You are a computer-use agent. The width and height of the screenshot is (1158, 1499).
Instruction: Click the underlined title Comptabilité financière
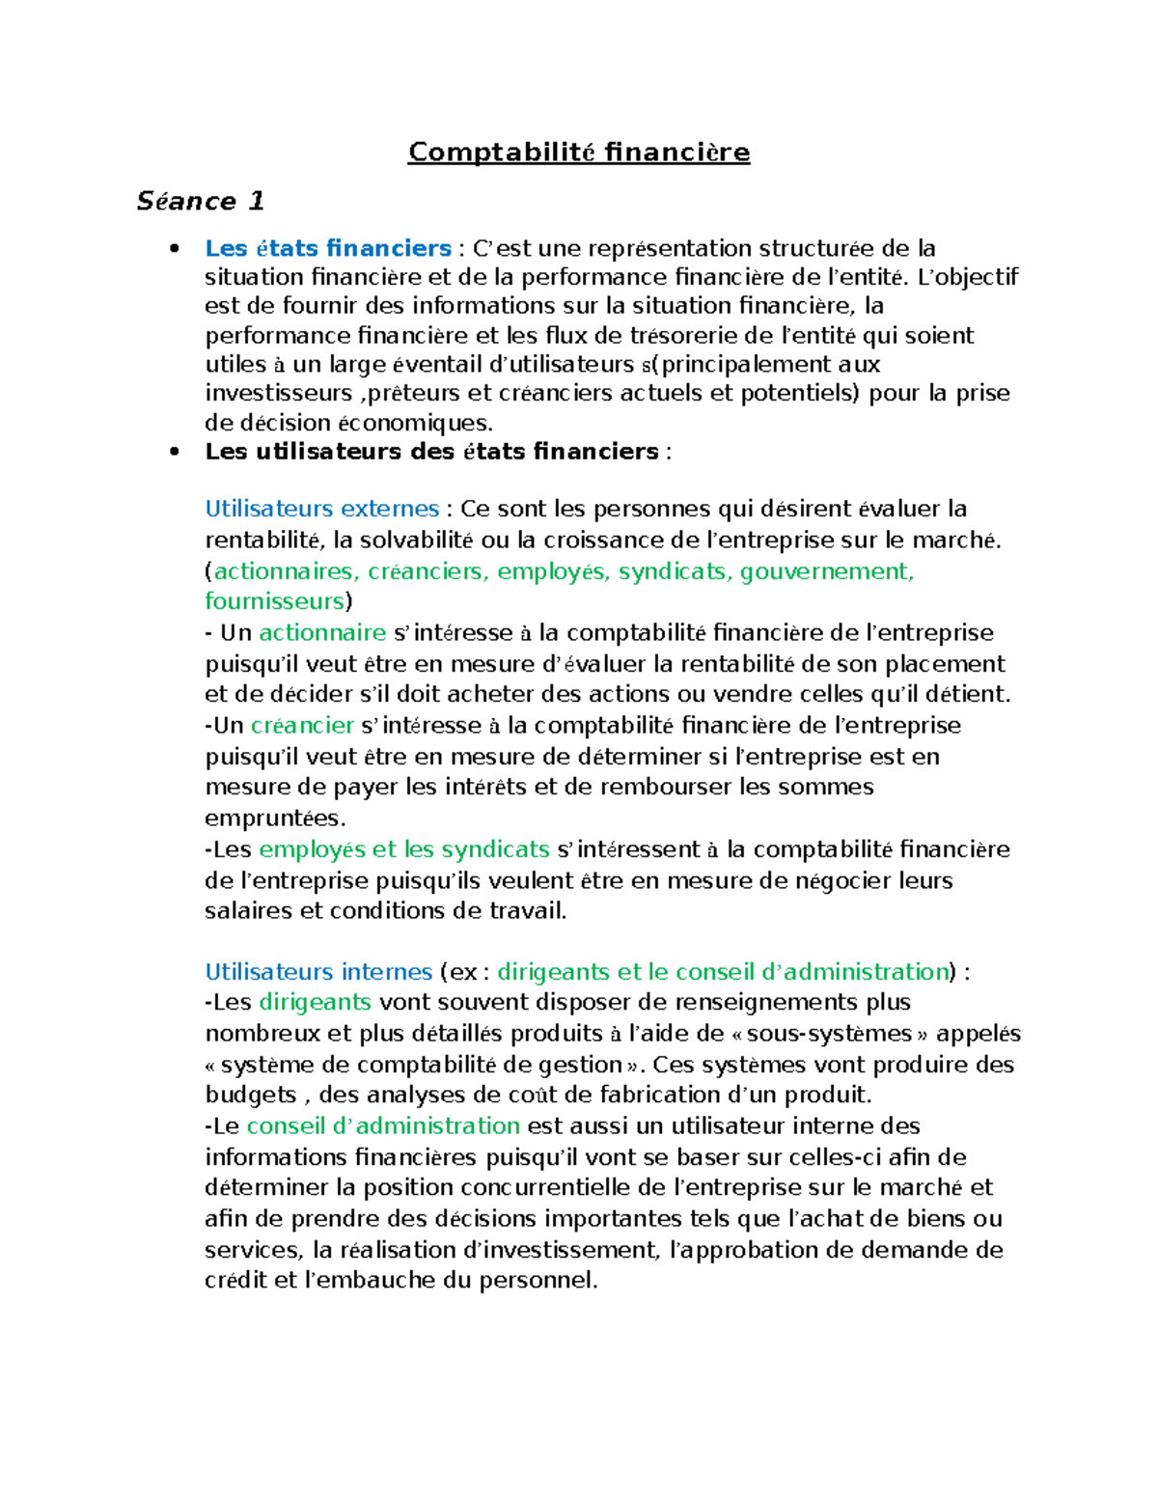point(578,153)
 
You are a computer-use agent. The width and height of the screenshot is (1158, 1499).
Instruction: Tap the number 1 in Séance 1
point(256,201)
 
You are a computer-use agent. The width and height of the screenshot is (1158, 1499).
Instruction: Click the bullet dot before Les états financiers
point(174,249)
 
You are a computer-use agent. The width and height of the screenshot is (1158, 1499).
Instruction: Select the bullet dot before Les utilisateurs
point(174,452)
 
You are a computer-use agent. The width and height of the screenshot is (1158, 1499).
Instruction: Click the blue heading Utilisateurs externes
point(321,509)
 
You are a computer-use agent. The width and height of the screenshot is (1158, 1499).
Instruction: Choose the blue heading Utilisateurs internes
point(318,971)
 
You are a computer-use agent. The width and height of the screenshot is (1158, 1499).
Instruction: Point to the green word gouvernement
point(826,571)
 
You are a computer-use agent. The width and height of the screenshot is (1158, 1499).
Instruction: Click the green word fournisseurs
point(274,601)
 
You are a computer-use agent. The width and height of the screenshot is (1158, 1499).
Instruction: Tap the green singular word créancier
point(302,725)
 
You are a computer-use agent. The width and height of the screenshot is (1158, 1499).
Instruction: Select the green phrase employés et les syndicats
point(404,849)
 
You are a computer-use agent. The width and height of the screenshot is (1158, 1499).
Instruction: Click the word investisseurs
point(279,394)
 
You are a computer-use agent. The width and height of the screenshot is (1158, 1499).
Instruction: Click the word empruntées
point(274,819)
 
